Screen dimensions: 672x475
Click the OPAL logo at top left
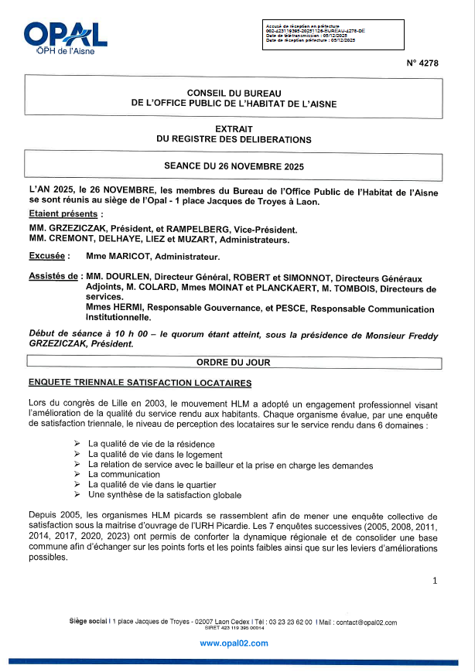point(65,38)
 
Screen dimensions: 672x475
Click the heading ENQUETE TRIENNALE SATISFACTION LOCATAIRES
point(139,383)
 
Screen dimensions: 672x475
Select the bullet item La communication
point(124,475)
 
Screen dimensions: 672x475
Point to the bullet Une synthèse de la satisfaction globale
point(165,495)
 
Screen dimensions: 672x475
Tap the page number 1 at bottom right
point(435,580)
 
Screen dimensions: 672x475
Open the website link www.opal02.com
point(234,643)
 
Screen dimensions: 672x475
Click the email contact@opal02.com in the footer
point(365,623)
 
